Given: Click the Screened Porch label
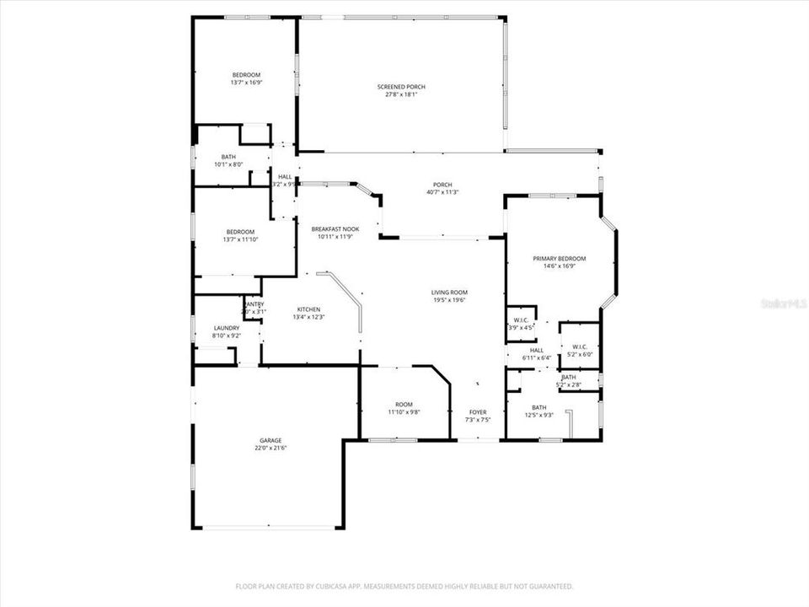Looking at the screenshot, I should coord(400,87).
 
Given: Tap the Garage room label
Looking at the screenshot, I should coord(271,440).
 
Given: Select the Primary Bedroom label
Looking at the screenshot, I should coord(559,259).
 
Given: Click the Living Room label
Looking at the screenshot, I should coord(449,293).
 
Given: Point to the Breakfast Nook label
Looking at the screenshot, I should coord(335,229).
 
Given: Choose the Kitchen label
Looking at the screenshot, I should coord(308,309).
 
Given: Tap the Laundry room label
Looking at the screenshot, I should coord(227,328).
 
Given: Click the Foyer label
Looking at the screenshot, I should coord(478,412).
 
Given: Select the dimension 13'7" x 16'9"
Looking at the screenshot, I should coord(246,83).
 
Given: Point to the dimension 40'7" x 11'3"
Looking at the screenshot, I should coord(442,192).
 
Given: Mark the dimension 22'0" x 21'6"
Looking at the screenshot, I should coord(271,448).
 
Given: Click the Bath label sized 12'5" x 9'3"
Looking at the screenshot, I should coord(538,407).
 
